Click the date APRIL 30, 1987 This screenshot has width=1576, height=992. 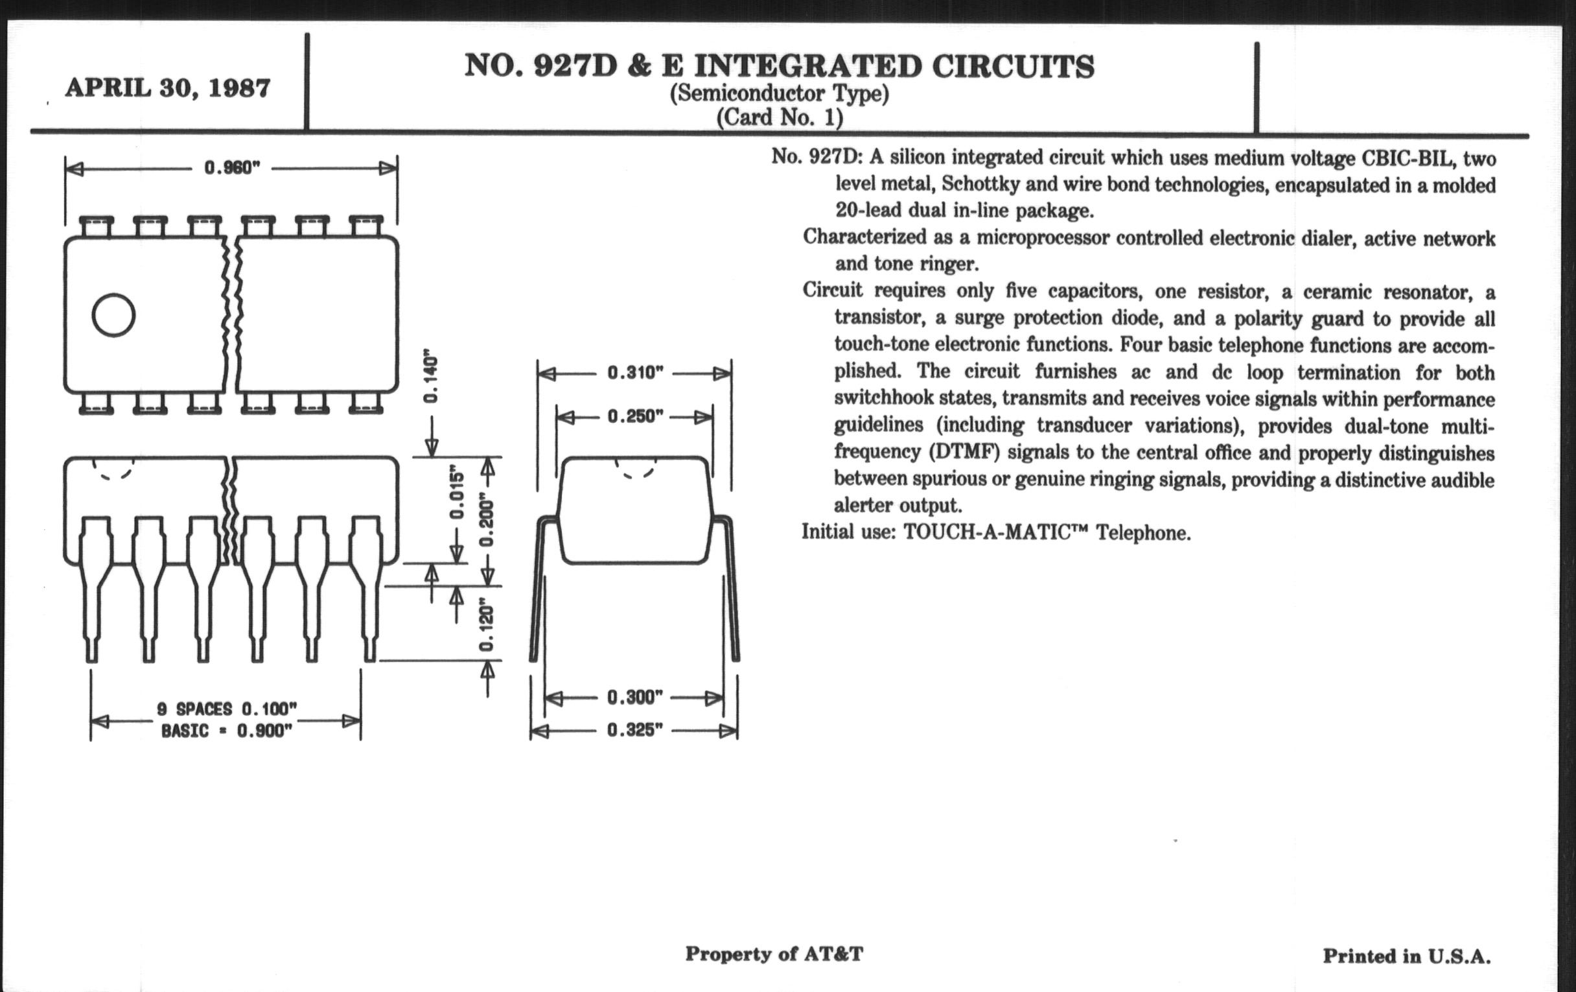pos(168,88)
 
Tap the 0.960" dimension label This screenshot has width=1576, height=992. pos(233,169)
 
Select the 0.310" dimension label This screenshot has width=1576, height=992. pos(635,373)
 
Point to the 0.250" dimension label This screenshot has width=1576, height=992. pos(635,416)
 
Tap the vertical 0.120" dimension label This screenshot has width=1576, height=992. pos(486,626)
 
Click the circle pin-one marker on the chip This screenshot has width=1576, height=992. pos(114,315)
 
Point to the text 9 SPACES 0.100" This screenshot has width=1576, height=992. pos(226,709)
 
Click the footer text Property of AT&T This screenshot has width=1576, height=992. pos(774,954)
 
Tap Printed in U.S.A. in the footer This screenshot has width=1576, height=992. pos(1406,956)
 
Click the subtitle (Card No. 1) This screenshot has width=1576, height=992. pos(779,118)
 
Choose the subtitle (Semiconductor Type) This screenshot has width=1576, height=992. pos(779,93)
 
